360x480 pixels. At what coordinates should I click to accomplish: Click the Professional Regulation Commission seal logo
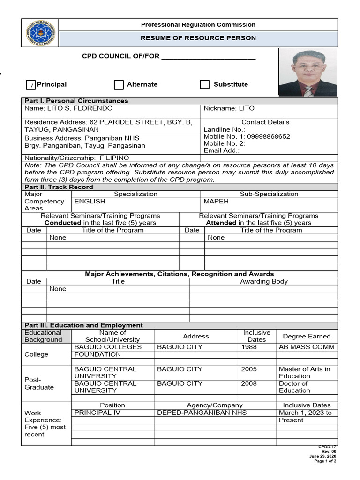tap(40, 33)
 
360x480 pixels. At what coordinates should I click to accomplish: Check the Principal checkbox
tap(30, 85)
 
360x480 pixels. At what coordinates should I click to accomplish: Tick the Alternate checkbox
tap(119, 84)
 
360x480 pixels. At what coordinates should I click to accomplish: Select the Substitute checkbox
tap(205, 84)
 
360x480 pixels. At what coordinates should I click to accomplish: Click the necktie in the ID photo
tap(308, 90)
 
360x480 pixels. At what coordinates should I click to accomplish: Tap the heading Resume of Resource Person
tap(198, 38)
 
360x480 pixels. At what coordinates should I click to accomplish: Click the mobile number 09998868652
tap(268, 136)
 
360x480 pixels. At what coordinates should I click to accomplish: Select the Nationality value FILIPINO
tap(114, 158)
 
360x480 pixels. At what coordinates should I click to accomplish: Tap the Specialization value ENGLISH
tap(90, 201)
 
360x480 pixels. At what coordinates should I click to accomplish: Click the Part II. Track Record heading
tap(59, 187)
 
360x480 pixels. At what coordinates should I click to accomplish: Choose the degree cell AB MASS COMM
tap(307, 347)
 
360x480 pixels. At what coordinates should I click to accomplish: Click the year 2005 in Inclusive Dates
tap(249, 369)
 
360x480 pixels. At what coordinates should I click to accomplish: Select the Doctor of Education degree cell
tap(294, 387)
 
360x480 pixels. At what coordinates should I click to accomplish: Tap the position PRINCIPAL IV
tap(97, 412)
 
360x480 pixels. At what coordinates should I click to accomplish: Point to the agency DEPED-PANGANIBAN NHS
tap(202, 412)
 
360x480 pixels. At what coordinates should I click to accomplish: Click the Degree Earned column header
tap(307, 336)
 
